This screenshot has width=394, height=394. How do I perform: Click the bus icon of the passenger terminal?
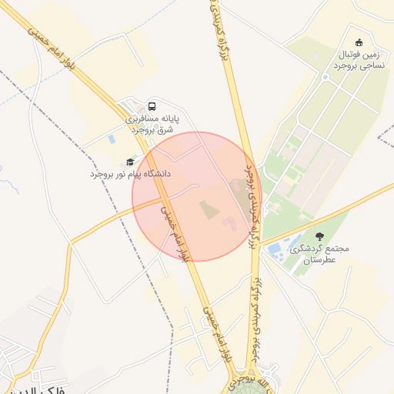[x=152, y=106]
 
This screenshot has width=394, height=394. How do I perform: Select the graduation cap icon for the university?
[x=129, y=162]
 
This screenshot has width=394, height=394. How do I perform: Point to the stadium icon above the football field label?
[x=359, y=42]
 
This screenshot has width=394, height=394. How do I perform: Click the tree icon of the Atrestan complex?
[x=319, y=235]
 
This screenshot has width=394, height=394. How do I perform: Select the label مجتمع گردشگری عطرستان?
[x=319, y=255]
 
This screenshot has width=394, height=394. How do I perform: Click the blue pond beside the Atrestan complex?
[x=275, y=251]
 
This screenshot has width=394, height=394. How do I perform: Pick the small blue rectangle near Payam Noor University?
[x=112, y=139]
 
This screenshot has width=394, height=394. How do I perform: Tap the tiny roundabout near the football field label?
[x=326, y=77]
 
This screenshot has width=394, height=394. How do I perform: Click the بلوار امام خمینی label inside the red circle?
[x=174, y=231]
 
